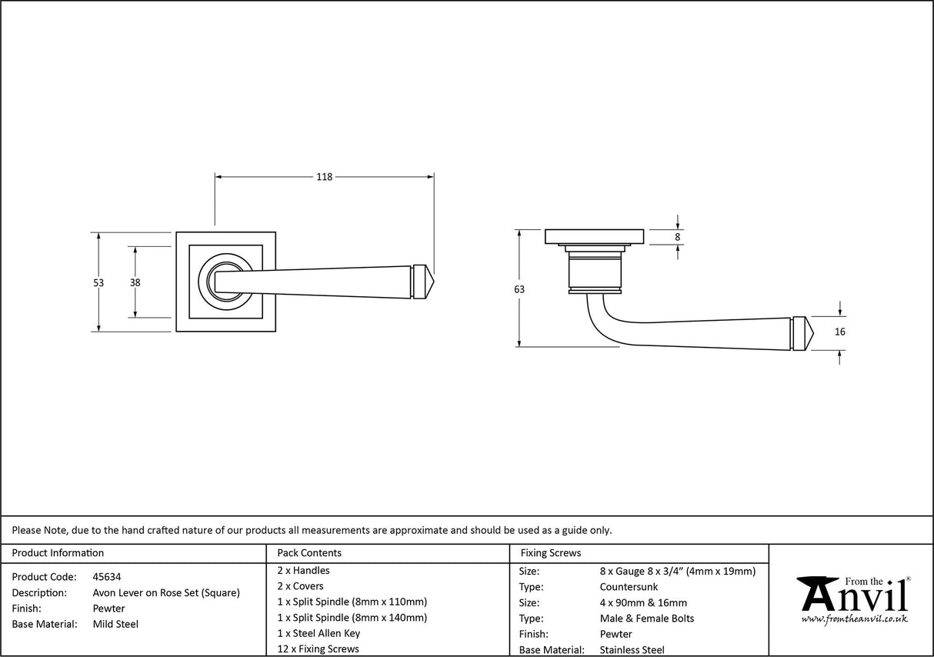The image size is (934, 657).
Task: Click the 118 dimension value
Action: click(324, 177)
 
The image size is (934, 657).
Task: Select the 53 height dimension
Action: click(98, 282)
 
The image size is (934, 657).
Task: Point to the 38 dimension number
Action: click(135, 282)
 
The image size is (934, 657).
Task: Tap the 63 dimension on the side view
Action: click(519, 289)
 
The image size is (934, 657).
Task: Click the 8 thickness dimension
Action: click(677, 237)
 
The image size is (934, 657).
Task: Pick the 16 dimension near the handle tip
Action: click(839, 332)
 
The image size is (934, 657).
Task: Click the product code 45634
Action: click(106, 576)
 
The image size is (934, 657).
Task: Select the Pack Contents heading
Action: click(309, 552)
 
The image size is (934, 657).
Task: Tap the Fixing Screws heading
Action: click(551, 552)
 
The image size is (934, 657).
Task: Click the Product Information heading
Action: click(58, 552)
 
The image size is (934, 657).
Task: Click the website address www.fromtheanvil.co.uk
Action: click(854, 619)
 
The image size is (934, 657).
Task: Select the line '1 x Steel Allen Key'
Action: click(319, 633)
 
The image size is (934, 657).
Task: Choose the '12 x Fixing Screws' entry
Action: click(318, 649)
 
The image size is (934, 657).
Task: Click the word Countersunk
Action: click(629, 587)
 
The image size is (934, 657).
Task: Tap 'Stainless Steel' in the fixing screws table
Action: click(632, 650)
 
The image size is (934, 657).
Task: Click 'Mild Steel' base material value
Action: click(115, 624)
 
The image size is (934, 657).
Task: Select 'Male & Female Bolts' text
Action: click(646, 619)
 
